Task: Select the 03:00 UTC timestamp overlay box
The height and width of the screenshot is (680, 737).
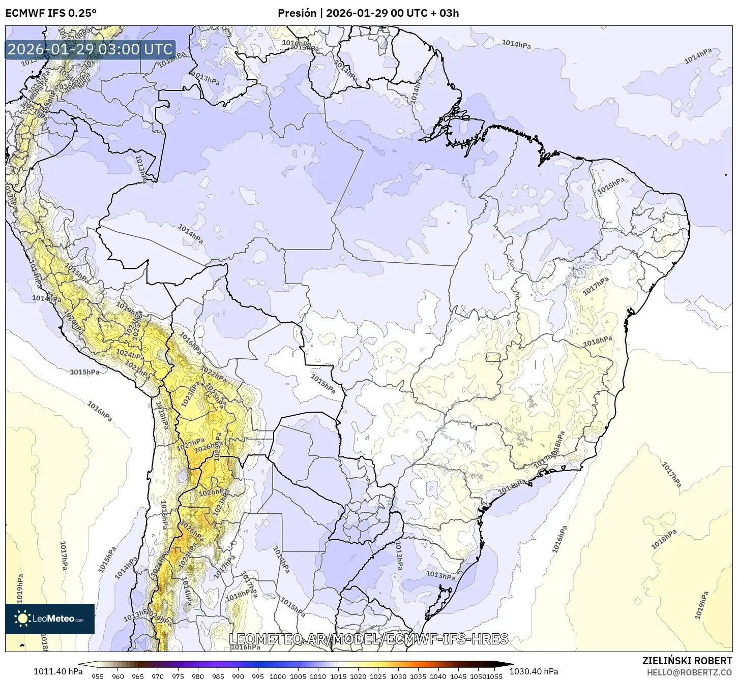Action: [90, 49]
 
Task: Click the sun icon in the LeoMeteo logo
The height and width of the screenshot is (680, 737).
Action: [22, 619]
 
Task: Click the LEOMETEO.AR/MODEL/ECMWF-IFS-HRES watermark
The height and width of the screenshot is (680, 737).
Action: [369, 639]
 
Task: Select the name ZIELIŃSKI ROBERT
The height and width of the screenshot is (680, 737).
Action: [687, 661]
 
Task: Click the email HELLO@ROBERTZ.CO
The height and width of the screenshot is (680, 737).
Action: [690, 672]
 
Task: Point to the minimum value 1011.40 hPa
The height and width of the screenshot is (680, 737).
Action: [58, 671]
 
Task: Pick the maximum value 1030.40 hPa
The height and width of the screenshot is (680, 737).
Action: [540, 671]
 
